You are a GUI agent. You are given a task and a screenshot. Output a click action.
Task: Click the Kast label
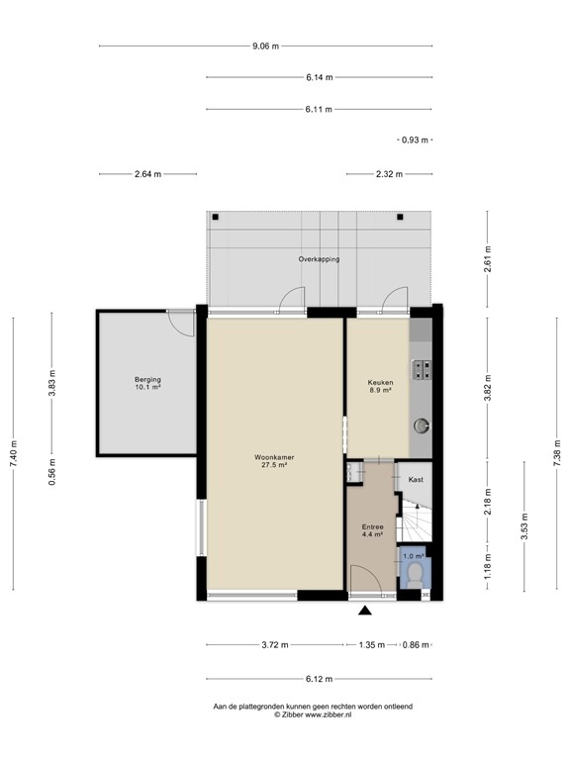[x=417, y=480]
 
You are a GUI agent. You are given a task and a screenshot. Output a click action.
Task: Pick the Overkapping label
[x=319, y=259]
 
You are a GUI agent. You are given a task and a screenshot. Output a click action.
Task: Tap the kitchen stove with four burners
[x=424, y=369]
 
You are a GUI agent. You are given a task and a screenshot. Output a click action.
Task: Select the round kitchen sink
[x=423, y=426]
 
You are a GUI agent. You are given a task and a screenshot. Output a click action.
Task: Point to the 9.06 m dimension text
[x=265, y=46]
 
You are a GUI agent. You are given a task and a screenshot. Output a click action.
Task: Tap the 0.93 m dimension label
[x=415, y=140]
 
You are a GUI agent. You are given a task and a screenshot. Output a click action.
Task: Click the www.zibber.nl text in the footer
[x=327, y=714]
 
